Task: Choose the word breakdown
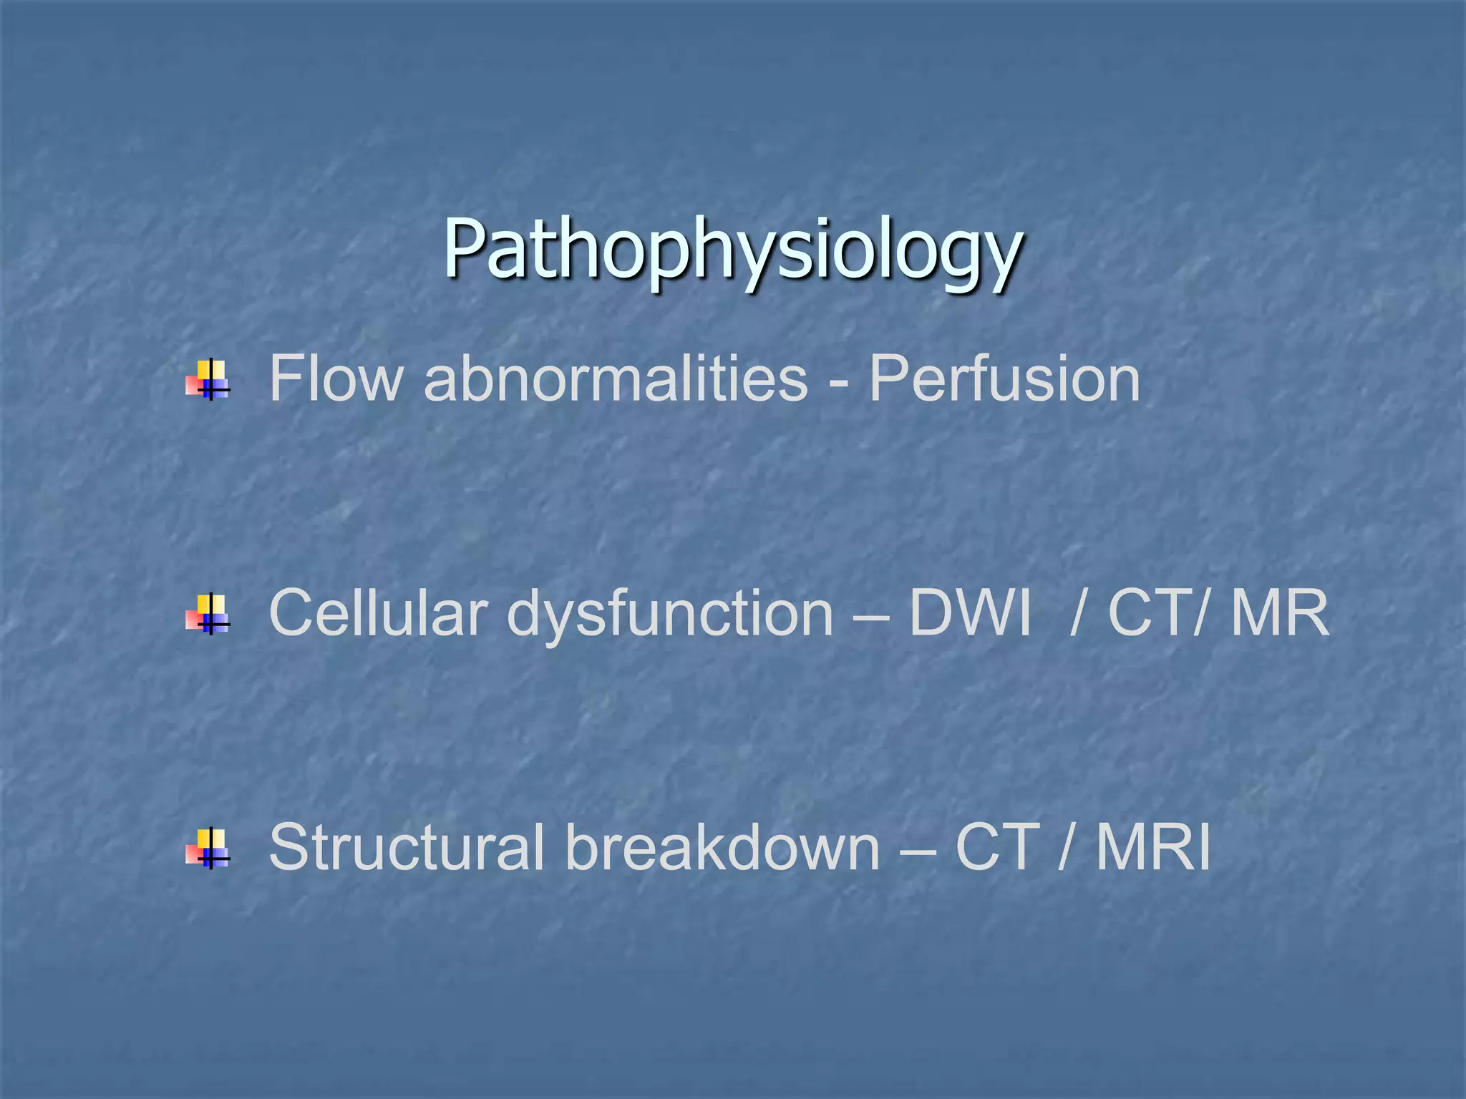coord(722,847)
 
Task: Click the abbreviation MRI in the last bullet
coord(1153,847)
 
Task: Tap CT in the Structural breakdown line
coord(997,847)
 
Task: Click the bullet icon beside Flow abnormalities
coord(208,379)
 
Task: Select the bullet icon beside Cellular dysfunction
coord(208,614)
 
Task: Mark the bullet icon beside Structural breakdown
coord(208,849)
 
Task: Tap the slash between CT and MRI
coord(1067,847)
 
